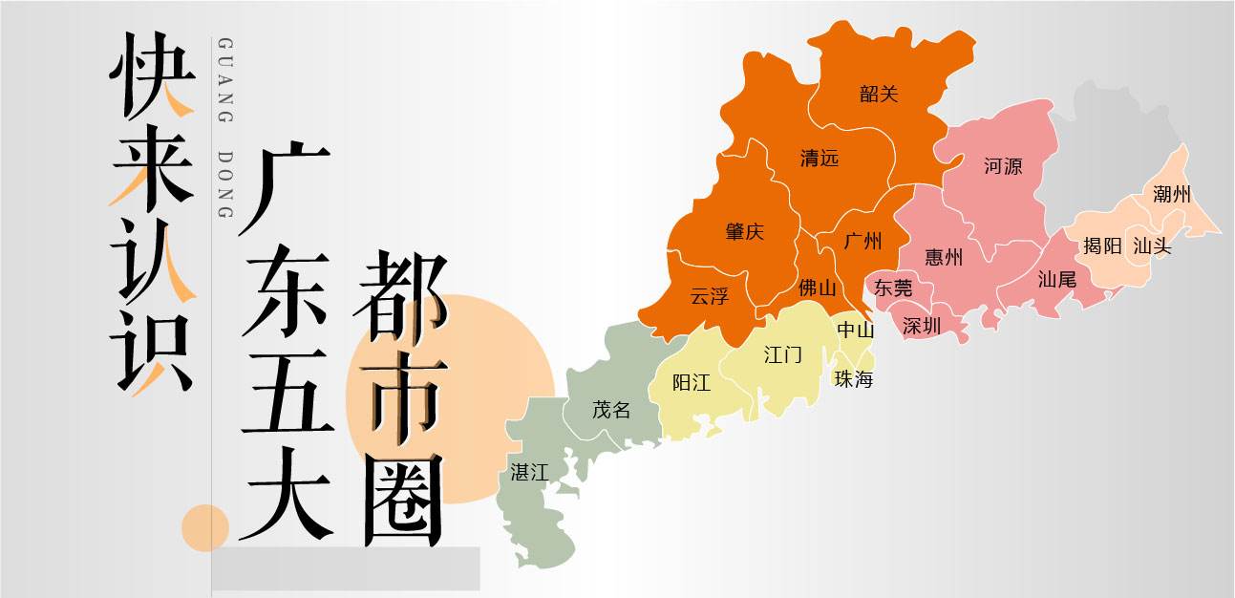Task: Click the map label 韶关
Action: tap(879, 94)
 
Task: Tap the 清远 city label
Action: tap(820, 159)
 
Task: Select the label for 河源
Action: tap(1003, 166)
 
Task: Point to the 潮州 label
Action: tap(1172, 195)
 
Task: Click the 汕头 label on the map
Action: tap(1152, 246)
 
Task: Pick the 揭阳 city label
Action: tap(1102, 246)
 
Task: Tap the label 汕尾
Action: tap(1057, 280)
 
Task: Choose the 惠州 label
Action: tap(944, 257)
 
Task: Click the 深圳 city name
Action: tap(922, 326)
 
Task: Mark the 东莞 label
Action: tap(893, 288)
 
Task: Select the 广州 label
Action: tap(863, 241)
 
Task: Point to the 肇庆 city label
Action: tap(745, 231)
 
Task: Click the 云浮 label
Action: tap(710, 296)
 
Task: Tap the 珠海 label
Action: tap(854, 379)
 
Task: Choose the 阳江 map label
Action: tap(692, 383)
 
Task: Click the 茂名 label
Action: tap(611, 410)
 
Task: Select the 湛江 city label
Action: tap(529, 471)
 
